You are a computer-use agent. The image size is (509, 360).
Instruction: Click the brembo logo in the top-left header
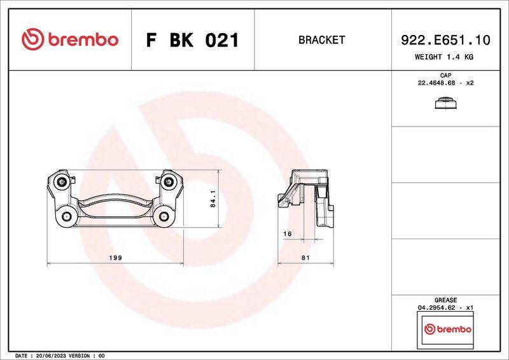pos(70,39)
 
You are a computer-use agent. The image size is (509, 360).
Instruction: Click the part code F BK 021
pos(192,40)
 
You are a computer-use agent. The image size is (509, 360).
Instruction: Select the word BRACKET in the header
pos(321,40)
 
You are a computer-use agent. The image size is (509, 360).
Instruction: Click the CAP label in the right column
pos(445,76)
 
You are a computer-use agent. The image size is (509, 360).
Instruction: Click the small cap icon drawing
pos(445,104)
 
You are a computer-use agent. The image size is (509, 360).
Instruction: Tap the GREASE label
pos(445,300)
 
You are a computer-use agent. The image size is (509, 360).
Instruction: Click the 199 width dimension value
pos(116,258)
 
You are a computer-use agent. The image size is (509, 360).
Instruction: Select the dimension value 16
pos(286,234)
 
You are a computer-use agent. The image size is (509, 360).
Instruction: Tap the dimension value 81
pos(305,258)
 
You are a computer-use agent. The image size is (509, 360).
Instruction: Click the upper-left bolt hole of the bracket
pos(62,183)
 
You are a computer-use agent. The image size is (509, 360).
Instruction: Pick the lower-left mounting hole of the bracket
pos(66,217)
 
